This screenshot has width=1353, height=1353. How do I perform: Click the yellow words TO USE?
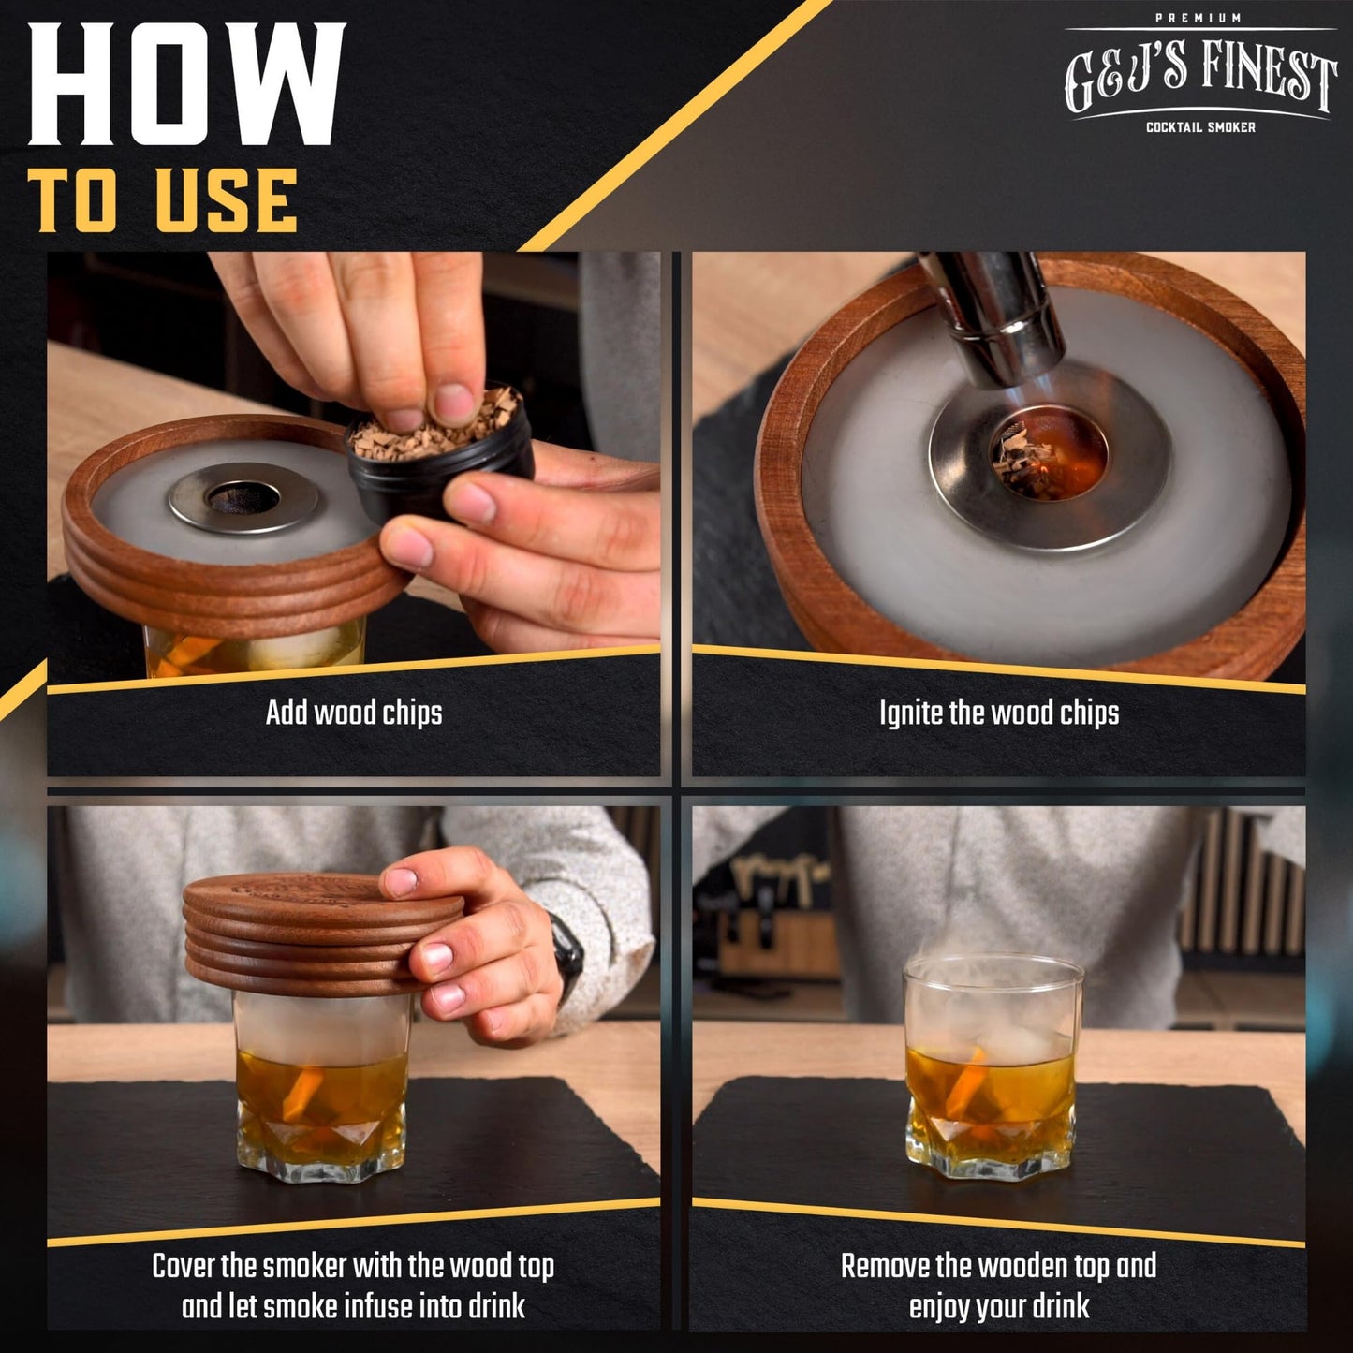163,200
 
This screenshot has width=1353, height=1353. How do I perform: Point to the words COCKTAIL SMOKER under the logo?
1200,127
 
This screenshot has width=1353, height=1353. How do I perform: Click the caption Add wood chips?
353,713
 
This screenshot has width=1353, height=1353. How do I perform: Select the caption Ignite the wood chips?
998,713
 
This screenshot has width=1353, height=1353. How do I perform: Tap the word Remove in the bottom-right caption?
884,1266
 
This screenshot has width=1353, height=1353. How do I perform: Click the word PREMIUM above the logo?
1199,18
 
